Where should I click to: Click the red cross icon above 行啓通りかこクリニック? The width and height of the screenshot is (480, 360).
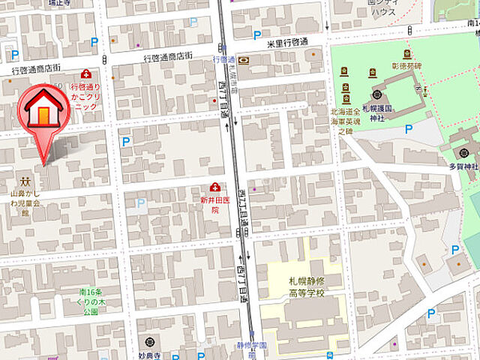[86, 74]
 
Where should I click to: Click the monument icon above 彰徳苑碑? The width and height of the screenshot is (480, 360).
[407, 54]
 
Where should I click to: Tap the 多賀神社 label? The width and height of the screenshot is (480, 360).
[463, 166]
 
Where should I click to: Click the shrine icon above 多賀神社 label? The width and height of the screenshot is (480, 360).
[457, 151]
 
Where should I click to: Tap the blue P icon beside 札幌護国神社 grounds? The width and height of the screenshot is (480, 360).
[409, 129]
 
